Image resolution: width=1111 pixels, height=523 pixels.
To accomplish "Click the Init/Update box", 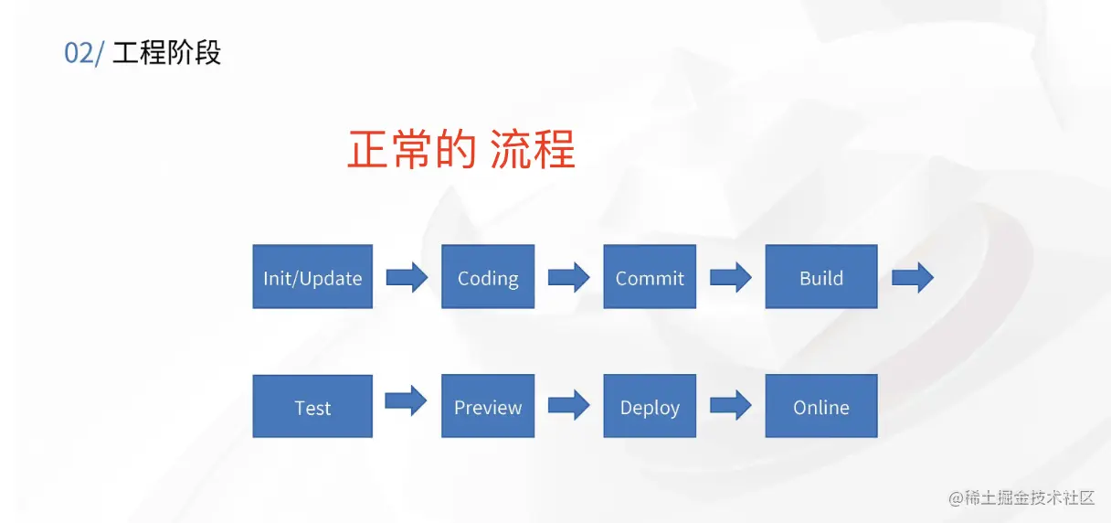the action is click(312, 276).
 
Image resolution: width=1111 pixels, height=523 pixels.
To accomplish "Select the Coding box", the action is click(488, 276).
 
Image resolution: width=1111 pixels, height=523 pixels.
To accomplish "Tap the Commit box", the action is click(650, 276).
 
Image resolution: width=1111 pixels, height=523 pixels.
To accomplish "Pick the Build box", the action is click(821, 276).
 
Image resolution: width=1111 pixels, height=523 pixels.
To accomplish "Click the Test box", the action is click(312, 406).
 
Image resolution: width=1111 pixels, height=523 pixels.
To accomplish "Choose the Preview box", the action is click(488, 406).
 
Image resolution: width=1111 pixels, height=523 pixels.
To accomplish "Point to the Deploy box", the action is click(650, 406).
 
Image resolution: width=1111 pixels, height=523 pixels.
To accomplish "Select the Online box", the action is click(821, 406).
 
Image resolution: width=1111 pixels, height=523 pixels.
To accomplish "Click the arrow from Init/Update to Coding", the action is click(407, 277).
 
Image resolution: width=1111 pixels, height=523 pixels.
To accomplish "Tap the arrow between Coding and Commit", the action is click(569, 277).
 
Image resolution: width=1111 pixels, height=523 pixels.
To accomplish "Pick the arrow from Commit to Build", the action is click(731, 277).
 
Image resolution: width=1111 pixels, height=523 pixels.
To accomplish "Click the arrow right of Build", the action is click(913, 277).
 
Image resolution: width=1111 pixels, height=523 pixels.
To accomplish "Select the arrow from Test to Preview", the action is click(406, 400).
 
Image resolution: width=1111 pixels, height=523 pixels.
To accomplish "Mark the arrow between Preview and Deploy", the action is click(569, 405).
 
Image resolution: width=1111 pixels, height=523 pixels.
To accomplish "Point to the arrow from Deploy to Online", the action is click(731, 405).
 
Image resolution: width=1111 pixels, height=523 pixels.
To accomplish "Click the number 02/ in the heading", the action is click(84, 53).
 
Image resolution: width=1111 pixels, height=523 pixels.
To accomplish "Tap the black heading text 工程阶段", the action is click(166, 52).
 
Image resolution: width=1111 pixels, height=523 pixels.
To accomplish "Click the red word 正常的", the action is click(412, 149).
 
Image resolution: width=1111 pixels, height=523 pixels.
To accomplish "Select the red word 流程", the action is click(533, 149).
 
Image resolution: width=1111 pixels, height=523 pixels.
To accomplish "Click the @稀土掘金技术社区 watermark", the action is click(1021, 497).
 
